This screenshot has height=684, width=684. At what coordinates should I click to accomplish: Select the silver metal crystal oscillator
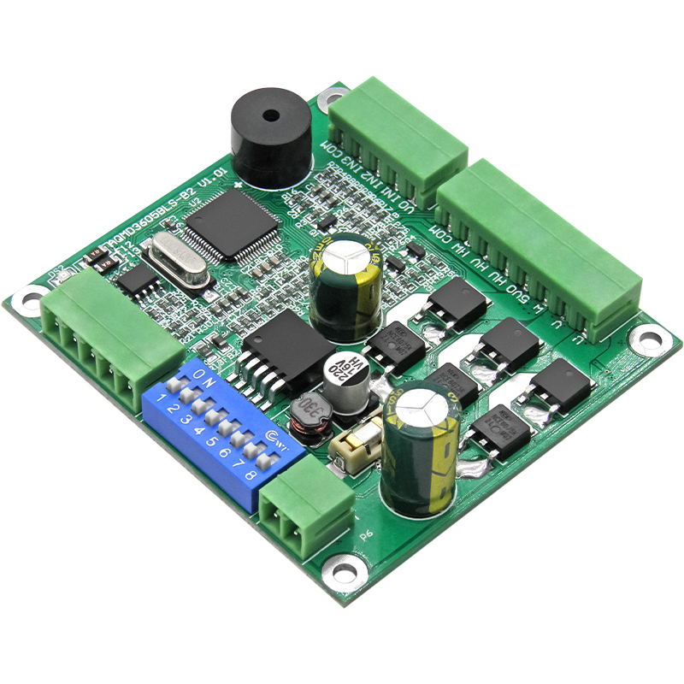coord(176,261)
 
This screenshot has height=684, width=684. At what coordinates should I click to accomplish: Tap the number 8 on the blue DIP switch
coord(251,475)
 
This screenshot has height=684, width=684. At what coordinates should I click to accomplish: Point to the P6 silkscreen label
coord(367,535)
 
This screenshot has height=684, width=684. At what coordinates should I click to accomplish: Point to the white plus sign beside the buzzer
coord(237,184)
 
